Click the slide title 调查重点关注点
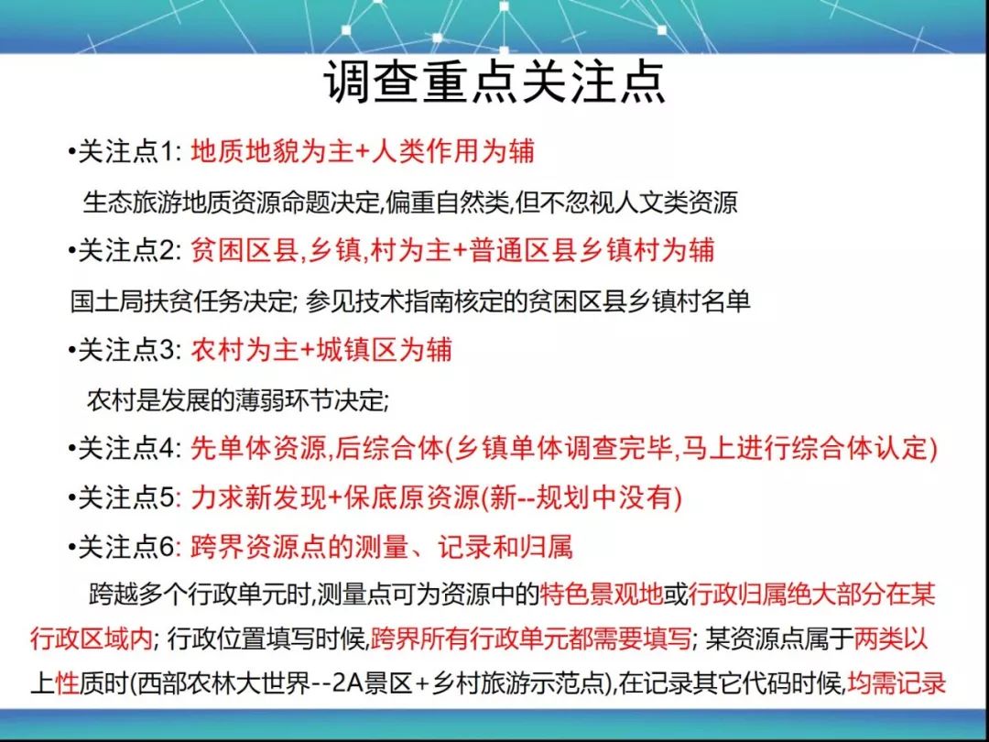[x=494, y=82]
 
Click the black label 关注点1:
[x=129, y=152]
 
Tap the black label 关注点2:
[x=129, y=251]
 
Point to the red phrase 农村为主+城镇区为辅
[x=321, y=350]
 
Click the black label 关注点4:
[x=129, y=449]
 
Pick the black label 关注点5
[x=125, y=498]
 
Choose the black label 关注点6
[x=125, y=547]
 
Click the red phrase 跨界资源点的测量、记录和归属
[x=382, y=547]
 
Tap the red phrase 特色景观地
[x=601, y=595]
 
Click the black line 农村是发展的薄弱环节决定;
[x=238, y=400]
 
